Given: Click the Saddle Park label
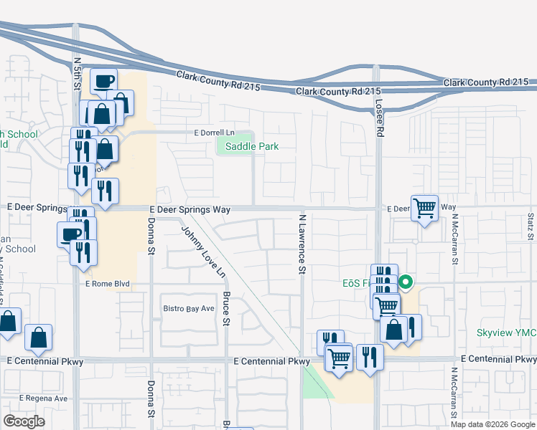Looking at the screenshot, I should click(251, 146).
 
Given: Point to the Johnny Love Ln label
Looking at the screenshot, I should click(204, 252).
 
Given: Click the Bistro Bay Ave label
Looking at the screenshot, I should click(188, 308).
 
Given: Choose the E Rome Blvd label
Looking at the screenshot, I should click(108, 284).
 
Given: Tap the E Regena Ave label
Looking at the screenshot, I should click(44, 398).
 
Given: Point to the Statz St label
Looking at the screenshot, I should click(531, 226).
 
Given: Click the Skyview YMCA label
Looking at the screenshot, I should click(506, 333).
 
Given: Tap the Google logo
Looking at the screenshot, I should click(24, 421).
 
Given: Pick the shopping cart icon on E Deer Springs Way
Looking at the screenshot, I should click(425, 208).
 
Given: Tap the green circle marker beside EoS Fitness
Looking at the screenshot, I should click(406, 282).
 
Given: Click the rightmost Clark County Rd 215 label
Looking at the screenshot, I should click(486, 83).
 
